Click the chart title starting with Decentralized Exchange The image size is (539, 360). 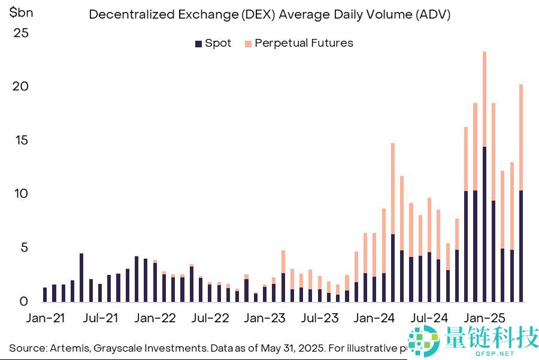point(269,15)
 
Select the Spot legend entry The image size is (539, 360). point(213,43)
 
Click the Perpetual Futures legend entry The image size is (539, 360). point(298,43)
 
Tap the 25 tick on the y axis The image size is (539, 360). point(21,34)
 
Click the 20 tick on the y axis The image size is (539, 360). point(21,87)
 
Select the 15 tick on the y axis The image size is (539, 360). point(21,141)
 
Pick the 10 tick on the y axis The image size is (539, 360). point(21,194)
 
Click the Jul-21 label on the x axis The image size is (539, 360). point(101,318)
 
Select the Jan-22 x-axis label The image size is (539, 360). point(155,318)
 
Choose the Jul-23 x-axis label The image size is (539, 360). point(320,318)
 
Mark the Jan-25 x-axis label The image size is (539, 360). point(485,318)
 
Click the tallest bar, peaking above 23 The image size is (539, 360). point(484,180)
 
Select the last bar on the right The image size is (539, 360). point(521,198)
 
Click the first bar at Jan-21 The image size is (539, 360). point(45,295)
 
